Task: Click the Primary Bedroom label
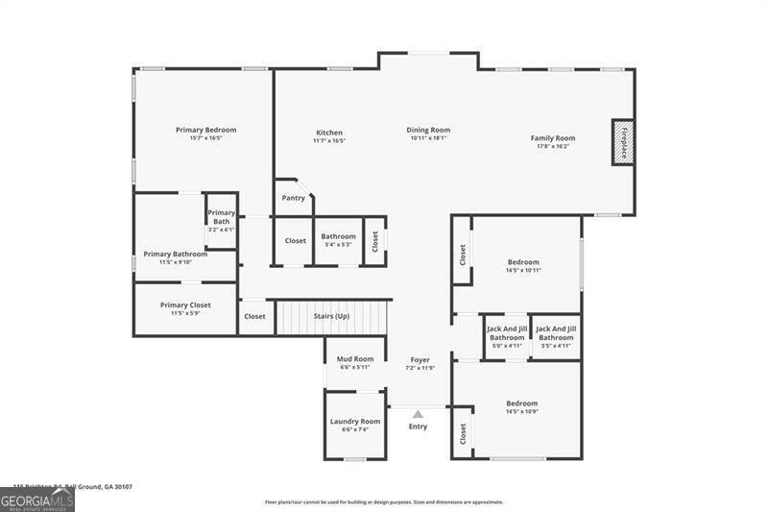click(205, 130)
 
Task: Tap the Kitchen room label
click(329, 133)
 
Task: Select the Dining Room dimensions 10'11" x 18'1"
click(428, 138)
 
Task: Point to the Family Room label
click(552, 138)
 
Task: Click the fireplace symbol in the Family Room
click(623, 142)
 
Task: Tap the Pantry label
click(294, 198)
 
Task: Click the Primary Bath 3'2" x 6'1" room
click(221, 221)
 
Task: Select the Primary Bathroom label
click(176, 255)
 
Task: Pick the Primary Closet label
click(185, 305)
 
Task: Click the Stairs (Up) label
click(331, 315)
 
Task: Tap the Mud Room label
click(355, 359)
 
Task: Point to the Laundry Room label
click(355, 421)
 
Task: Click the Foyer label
click(420, 360)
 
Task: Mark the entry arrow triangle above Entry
click(418, 414)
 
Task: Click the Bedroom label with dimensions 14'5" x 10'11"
click(523, 262)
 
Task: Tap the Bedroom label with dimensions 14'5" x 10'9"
click(522, 403)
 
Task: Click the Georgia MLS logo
click(37, 500)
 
